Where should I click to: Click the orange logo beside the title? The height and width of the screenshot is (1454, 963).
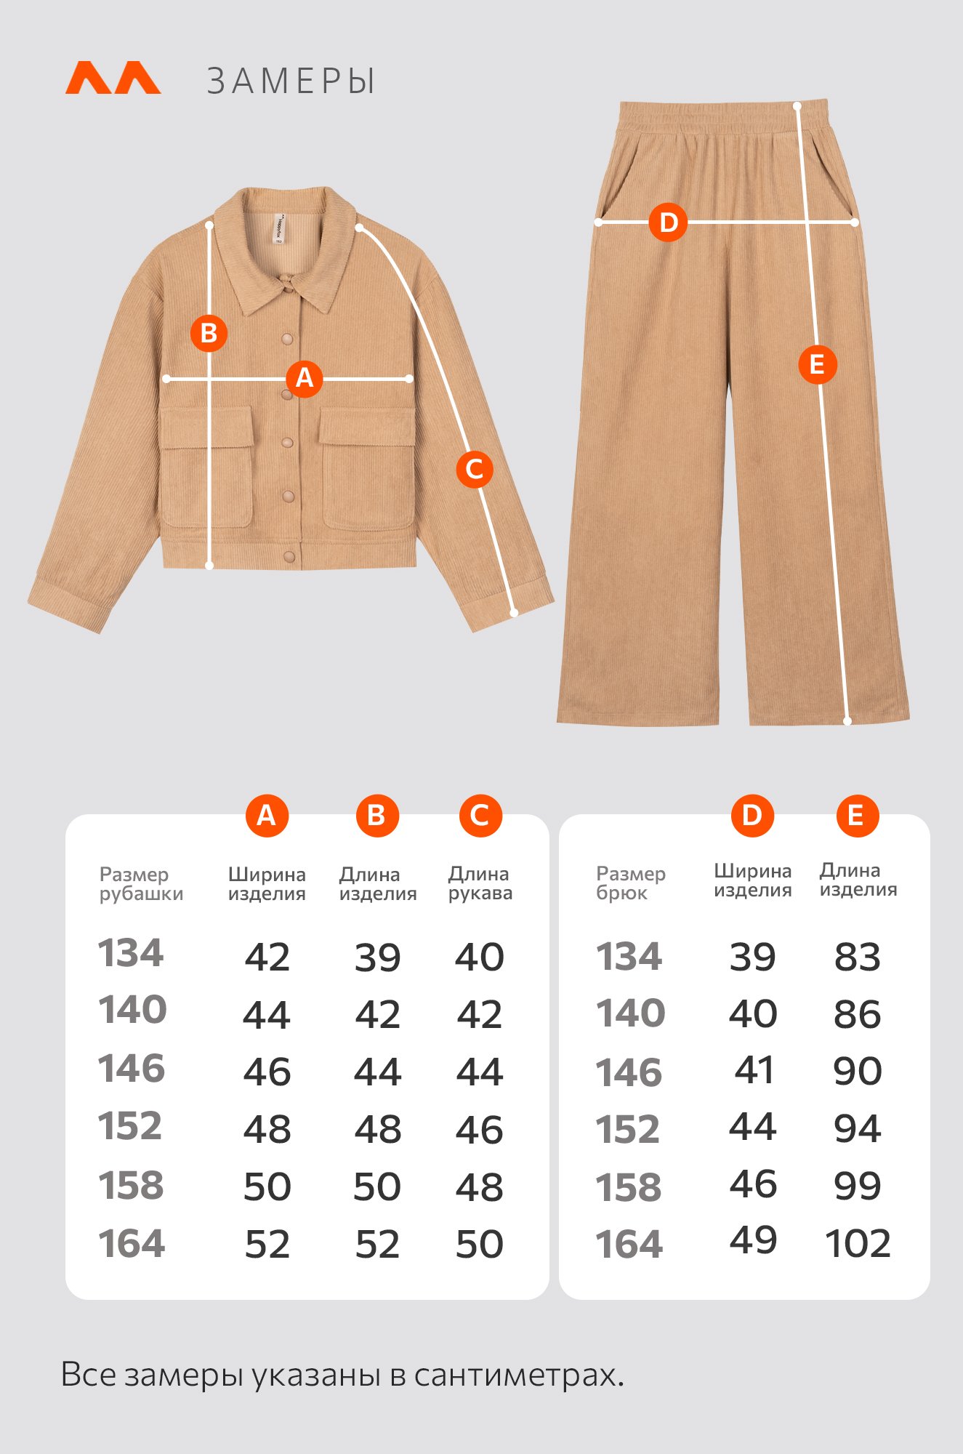pos(113,78)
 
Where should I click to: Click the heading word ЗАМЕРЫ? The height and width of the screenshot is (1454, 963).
pos(291,81)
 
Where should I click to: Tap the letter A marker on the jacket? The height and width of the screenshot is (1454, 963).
pos(305,378)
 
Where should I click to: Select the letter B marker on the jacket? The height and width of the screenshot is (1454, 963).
pos(209,333)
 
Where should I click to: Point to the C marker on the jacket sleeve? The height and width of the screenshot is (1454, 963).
pos(475,469)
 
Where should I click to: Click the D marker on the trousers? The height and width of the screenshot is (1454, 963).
pos(668,222)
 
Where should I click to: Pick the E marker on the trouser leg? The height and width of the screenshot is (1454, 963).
pos(817,364)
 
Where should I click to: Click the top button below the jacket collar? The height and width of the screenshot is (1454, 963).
pos(289,338)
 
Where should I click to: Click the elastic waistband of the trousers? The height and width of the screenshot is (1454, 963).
pos(723,116)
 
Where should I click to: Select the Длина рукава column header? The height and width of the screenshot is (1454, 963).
pos(480,883)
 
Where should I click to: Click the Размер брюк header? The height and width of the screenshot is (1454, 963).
pos(631,883)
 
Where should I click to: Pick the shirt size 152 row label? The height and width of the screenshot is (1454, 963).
pos(130,1126)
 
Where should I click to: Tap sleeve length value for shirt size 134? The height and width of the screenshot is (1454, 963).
pos(480,957)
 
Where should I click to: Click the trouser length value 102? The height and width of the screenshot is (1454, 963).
pos(858,1243)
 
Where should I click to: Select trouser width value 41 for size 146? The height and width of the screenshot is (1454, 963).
pos(754,1070)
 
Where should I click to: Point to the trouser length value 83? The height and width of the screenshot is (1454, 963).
pos(858,957)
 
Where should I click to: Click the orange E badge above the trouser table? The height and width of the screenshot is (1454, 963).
pos(858,816)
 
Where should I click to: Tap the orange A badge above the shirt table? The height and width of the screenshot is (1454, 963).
pos(267,816)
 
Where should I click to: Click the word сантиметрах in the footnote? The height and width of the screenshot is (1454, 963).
pos(519,1375)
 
